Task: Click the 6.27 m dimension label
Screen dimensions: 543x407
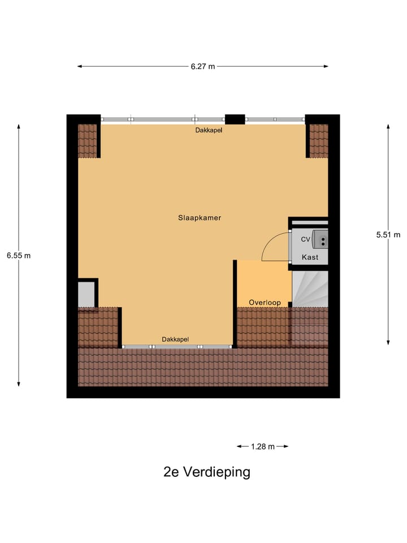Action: tap(203, 66)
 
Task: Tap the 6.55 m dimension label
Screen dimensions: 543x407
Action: tap(19, 255)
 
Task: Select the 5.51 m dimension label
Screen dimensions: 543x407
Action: tap(388, 235)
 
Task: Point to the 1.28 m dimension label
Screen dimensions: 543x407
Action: tap(262, 446)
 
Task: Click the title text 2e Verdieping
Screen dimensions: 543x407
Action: tap(206, 472)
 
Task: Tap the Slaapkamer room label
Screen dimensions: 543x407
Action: tap(200, 217)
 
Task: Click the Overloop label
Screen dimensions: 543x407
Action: tap(265, 303)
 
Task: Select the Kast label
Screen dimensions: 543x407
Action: tap(310, 257)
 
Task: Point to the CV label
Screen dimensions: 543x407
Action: tap(305, 239)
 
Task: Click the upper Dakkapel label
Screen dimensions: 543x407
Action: tap(209, 130)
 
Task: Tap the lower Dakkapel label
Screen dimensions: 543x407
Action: tap(175, 339)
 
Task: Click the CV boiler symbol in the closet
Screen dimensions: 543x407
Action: tap(321, 240)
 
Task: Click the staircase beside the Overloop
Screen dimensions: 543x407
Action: tap(309, 289)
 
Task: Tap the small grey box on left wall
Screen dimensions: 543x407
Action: tap(86, 294)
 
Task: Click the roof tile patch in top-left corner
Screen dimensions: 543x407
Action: tap(87, 141)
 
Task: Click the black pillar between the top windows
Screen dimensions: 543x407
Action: tap(235, 119)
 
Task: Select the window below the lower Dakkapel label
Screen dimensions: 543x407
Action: tap(177, 346)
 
